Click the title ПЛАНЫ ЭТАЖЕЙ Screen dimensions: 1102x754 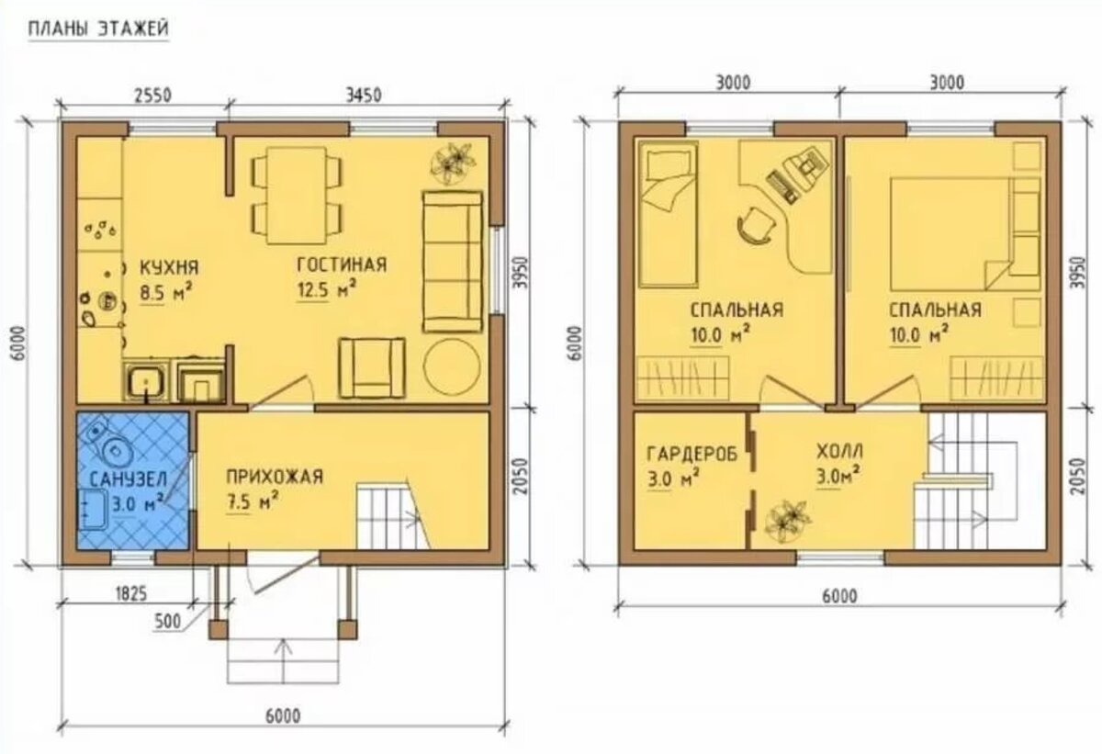(98, 29)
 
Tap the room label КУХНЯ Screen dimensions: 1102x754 (170, 268)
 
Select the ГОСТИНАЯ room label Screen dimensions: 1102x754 (342, 264)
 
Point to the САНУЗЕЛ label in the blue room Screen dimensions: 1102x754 (129, 478)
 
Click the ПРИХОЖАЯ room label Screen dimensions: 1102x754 (275, 477)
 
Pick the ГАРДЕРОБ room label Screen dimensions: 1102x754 (692, 454)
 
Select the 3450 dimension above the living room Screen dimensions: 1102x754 (364, 95)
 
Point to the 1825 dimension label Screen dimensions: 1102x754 (130, 594)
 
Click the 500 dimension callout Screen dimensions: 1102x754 (168, 622)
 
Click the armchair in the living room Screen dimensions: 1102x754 (373, 367)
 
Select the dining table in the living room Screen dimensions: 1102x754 (297, 196)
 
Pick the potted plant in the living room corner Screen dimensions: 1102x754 (453, 163)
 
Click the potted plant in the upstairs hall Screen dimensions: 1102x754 (788, 523)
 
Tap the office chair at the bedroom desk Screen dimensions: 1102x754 (755, 225)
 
